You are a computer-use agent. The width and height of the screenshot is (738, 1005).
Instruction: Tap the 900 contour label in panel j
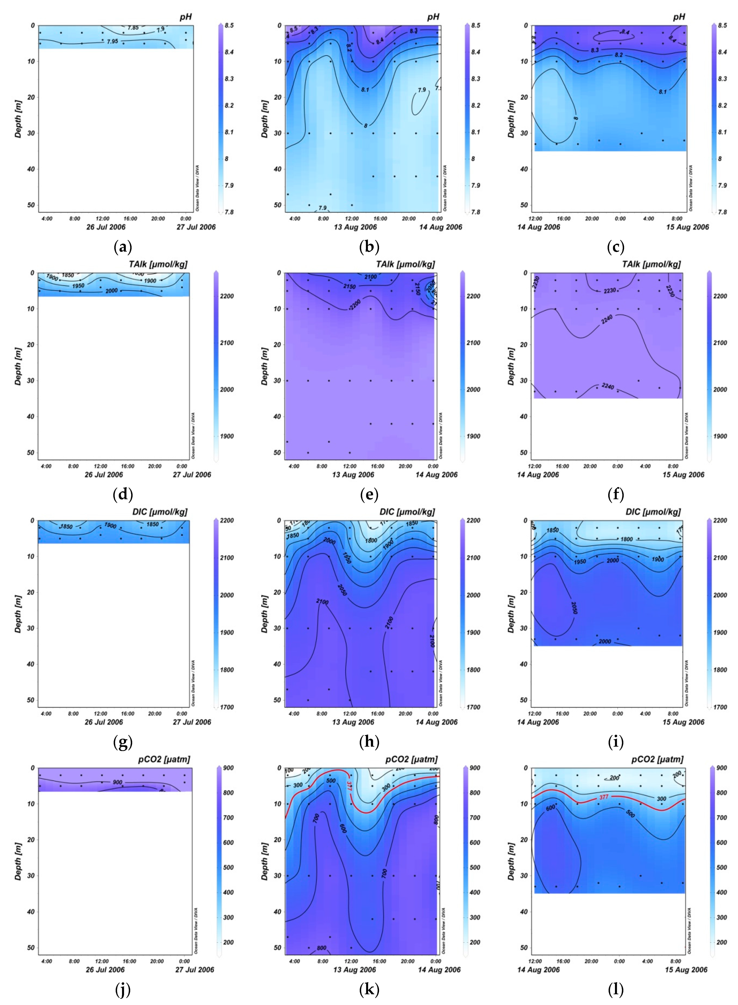pyautogui.click(x=117, y=782)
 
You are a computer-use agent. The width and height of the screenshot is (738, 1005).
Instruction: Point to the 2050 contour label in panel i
pyautogui.click(x=574, y=607)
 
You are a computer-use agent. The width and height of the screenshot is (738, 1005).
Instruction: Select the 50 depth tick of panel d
pyautogui.click(x=30, y=452)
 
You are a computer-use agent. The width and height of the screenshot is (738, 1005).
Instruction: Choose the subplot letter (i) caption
pyautogui.click(x=616, y=742)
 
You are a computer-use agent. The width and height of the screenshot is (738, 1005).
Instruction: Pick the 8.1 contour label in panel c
pyautogui.click(x=662, y=92)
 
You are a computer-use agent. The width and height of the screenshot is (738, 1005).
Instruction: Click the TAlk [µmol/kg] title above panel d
pyautogui.click(x=158, y=264)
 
